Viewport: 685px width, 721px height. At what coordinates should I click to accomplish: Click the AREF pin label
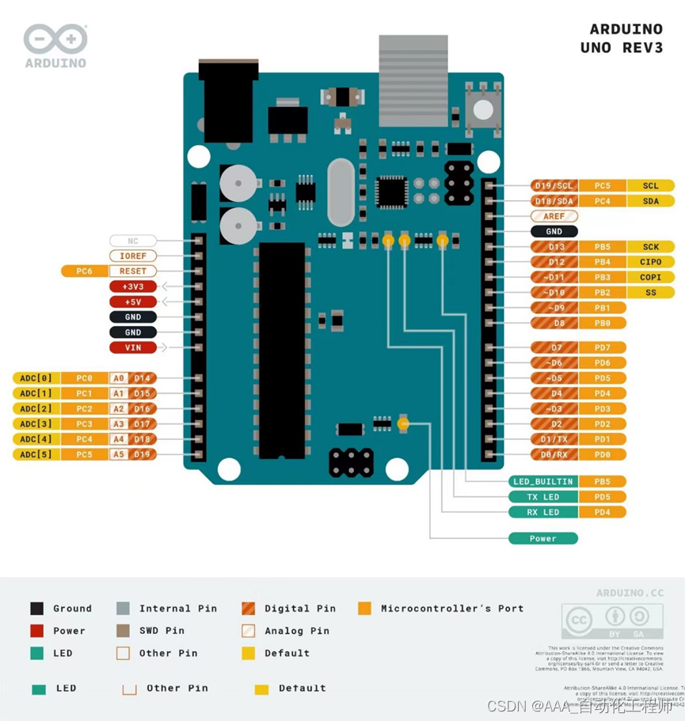click(x=554, y=216)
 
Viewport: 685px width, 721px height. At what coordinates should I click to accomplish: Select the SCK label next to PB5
click(x=650, y=247)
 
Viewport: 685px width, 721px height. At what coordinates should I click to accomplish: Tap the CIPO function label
click(x=650, y=262)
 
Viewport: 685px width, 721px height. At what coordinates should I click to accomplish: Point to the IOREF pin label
click(x=133, y=256)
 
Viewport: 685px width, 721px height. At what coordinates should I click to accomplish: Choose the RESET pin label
click(x=133, y=271)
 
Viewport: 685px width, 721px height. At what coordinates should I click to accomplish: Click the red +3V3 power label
click(x=133, y=287)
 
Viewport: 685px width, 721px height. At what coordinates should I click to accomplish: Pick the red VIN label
click(x=133, y=347)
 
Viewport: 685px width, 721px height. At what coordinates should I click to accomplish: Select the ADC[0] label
click(x=36, y=378)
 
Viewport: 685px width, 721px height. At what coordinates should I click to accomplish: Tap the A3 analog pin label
click(x=118, y=424)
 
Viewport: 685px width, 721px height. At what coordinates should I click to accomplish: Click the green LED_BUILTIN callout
click(x=543, y=481)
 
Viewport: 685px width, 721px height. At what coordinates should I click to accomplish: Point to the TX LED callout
click(x=543, y=497)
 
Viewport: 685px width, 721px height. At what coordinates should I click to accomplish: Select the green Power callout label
click(x=543, y=538)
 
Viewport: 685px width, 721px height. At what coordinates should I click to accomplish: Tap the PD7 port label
click(x=603, y=347)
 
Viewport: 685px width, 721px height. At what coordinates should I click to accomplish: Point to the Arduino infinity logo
click(x=55, y=39)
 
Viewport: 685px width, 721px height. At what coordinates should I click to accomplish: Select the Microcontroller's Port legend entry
click(x=451, y=609)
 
